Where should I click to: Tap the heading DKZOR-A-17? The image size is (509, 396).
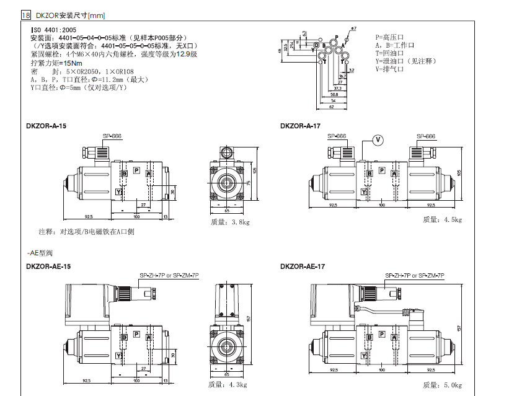(x=300, y=126)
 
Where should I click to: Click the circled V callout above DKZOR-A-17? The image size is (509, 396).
(x=378, y=139)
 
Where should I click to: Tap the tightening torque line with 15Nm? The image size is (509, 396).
(x=56, y=63)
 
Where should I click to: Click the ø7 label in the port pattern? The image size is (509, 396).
(x=353, y=29)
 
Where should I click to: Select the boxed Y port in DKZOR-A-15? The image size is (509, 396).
(x=118, y=193)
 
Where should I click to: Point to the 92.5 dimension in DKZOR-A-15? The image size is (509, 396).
(x=88, y=216)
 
